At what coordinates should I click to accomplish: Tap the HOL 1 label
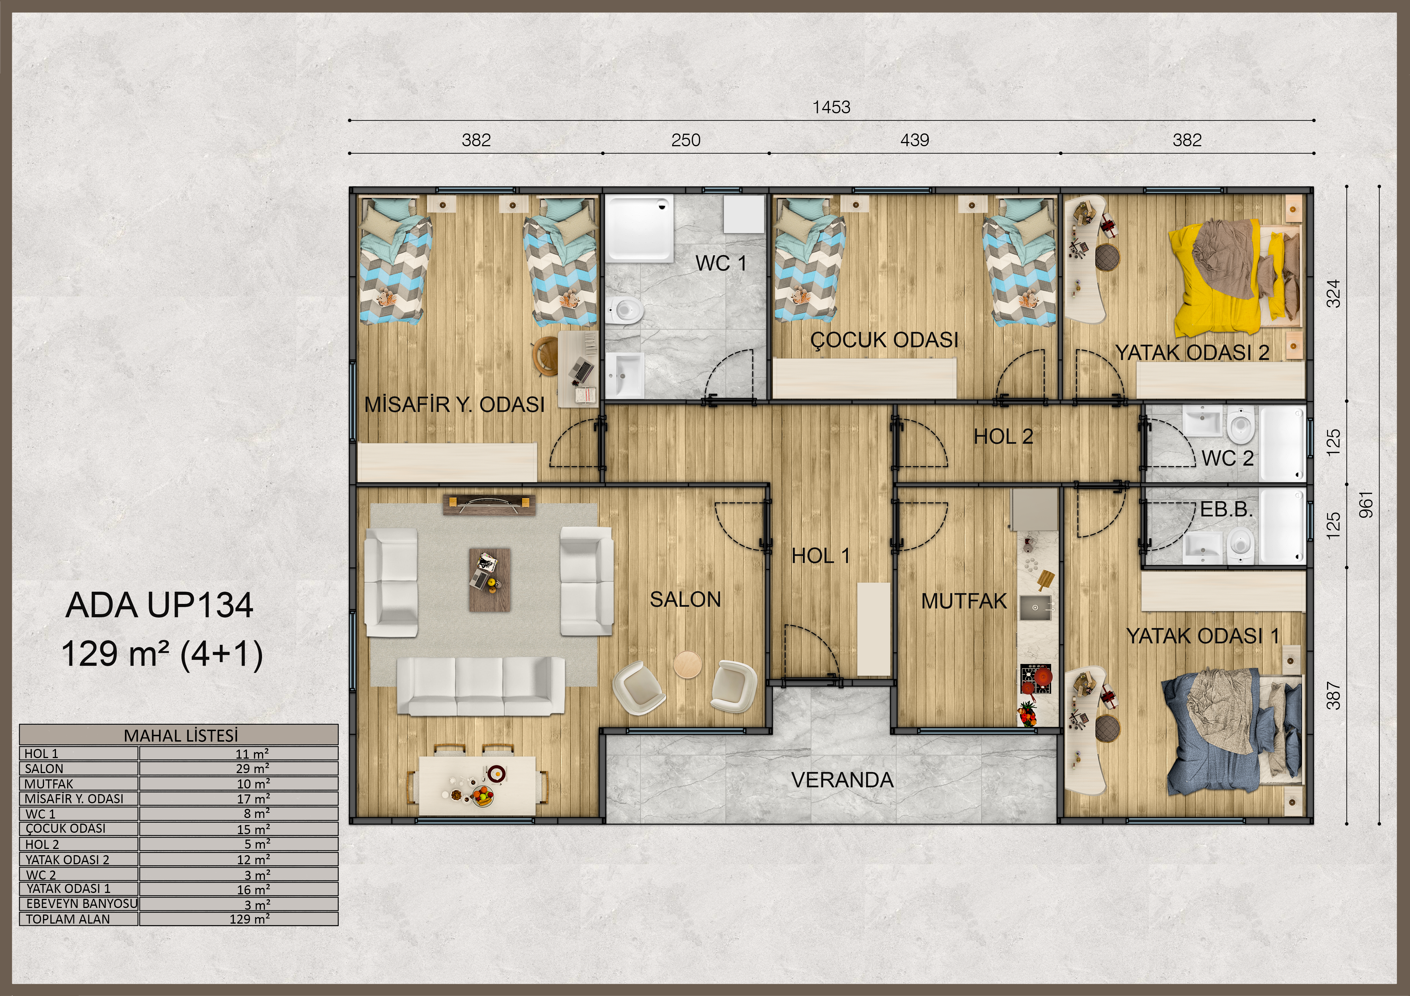(820, 556)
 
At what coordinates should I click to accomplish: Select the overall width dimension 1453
(831, 107)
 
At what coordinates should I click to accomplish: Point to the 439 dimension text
(914, 141)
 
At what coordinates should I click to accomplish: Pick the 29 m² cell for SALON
(252, 768)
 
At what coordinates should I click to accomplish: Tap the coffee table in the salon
(489, 579)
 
